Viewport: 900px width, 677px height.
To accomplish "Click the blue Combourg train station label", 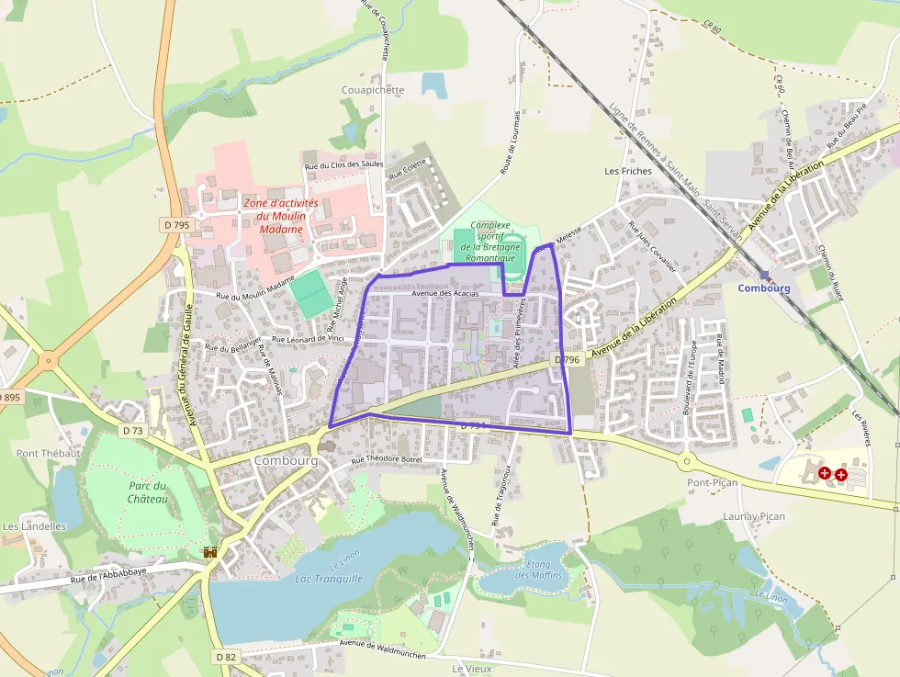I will click(763, 288).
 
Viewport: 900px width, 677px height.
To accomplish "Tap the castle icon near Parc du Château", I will click(210, 552).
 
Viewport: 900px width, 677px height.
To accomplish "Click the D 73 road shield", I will click(133, 430).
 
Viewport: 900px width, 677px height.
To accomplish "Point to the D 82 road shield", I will click(226, 657).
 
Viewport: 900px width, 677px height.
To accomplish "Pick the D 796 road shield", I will click(566, 360).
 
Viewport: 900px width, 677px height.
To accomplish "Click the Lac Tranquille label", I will click(329, 579).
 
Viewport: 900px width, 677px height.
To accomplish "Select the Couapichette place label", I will click(372, 90).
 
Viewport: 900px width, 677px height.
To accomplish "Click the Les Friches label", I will click(628, 171).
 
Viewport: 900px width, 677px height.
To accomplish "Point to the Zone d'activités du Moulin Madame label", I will click(280, 216).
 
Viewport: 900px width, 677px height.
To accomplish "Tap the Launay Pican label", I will click(754, 516).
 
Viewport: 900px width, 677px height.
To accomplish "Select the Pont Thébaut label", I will click(48, 453).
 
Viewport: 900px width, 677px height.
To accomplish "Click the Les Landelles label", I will click(34, 526).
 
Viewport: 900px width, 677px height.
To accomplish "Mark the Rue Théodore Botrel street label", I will click(386, 458).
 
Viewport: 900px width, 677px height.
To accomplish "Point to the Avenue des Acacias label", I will click(445, 293).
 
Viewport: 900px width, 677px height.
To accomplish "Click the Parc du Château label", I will click(148, 492).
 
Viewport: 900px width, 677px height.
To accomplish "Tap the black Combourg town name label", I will click(286, 460).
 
